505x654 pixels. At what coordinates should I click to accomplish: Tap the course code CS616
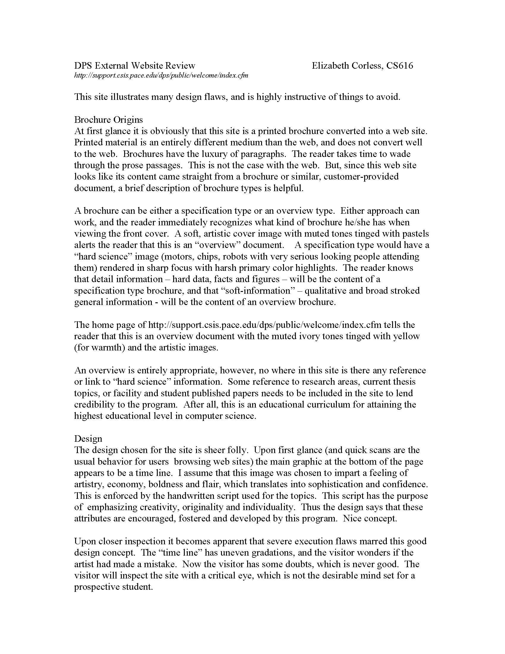(x=399, y=66)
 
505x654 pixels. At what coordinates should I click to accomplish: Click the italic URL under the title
(x=161, y=76)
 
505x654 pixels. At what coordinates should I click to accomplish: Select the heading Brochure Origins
(x=109, y=120)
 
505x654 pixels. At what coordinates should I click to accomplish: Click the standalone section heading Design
(x=88, y=439)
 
